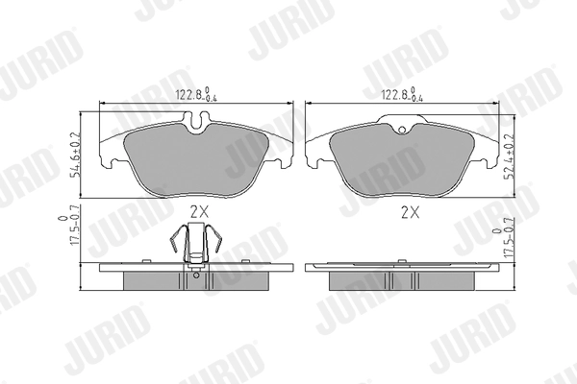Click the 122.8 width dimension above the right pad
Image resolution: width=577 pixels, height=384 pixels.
(x=402, y=94)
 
